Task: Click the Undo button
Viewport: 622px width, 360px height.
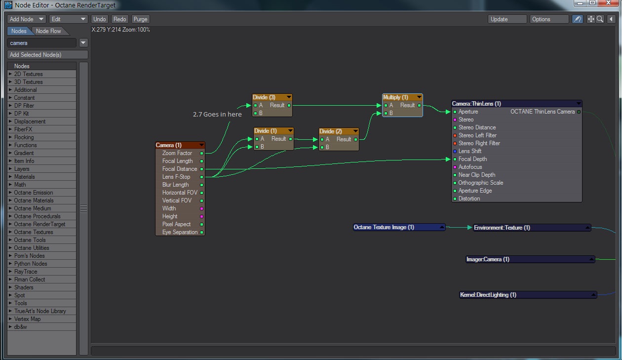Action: point(100,19)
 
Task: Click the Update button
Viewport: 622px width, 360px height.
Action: point(507,19)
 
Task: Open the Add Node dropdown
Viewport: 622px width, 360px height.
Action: point(27,19)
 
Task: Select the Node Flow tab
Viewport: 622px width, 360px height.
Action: point(48,31)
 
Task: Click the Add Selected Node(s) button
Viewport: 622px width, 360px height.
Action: point(47,55)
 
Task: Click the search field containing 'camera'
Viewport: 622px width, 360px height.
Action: point(42,43)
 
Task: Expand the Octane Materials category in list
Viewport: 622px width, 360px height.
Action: point(34,200)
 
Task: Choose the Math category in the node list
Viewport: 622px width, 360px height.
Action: point(20,185)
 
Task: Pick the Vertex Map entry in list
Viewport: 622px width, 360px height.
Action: point(27,319)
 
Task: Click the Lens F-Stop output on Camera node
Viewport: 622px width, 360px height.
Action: point(201,177)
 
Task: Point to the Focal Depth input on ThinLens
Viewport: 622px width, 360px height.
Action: point(472,159)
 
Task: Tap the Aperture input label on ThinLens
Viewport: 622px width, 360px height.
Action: point(468,112)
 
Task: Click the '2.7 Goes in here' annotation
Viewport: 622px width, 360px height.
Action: point(217,114)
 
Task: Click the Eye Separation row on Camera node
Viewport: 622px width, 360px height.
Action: point(180,232)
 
